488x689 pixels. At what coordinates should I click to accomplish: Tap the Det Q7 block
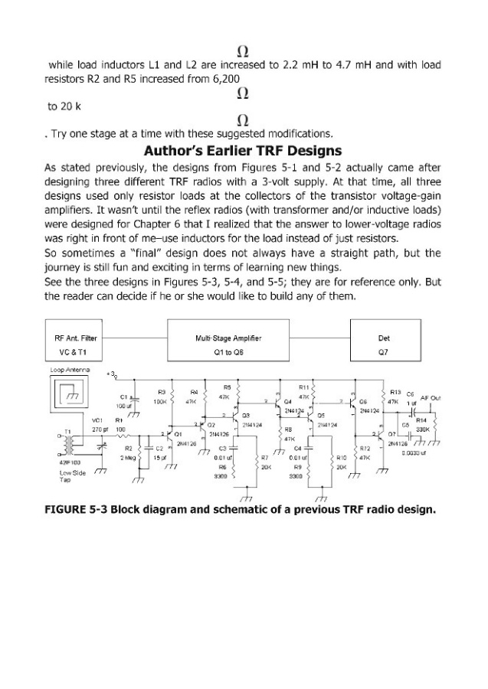tap(384, 343)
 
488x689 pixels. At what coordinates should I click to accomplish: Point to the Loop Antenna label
tap(68, 371)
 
